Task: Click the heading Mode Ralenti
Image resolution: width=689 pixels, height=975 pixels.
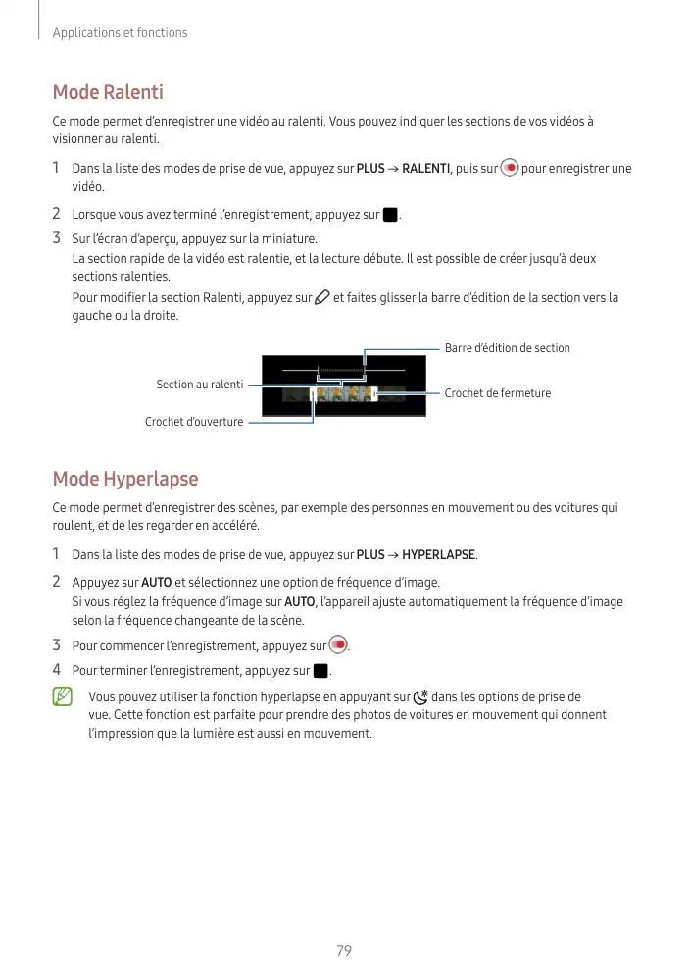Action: pos(108,93)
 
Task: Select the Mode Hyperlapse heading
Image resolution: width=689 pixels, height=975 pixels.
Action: pos(125,479)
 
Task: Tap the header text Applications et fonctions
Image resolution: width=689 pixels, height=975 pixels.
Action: pos(119,33)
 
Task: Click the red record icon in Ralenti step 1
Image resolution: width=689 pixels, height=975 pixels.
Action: pos(509,168)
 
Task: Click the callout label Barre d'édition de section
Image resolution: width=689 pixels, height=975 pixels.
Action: pos(507,348)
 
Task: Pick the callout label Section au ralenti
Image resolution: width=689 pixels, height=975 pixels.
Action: pos(200,385)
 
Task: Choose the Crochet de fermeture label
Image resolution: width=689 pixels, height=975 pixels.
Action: pos(497,393)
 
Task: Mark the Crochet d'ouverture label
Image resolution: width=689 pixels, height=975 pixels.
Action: pos(194,422)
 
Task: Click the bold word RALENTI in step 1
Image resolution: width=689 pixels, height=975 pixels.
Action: pos(425,169)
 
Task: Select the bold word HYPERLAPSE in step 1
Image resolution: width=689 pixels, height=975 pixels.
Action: pos(439,555)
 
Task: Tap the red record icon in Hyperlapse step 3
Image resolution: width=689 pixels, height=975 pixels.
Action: pos(338,645)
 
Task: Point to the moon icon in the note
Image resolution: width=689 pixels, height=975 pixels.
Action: pos(420,697)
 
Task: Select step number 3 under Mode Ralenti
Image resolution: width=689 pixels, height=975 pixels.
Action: pos(57,237)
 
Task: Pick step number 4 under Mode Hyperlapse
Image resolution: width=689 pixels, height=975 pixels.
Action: pos(57,671)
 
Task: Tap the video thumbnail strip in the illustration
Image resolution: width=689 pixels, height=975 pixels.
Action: pos(343,394)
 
